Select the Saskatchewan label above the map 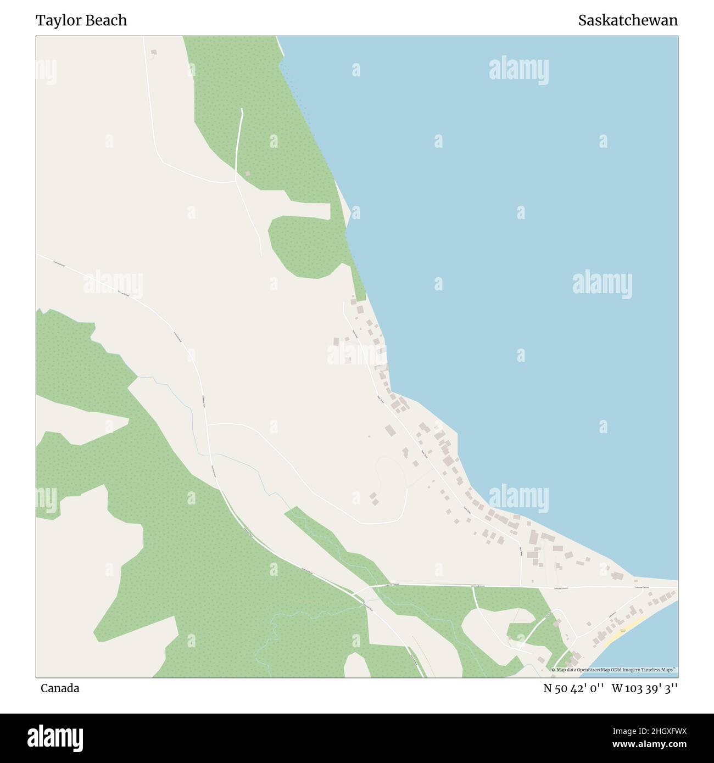coord(628,20)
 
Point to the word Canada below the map coord(59,688)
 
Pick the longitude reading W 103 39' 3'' coord(645,688)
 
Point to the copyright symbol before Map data coord(554,670)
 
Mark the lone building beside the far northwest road coord(154,52)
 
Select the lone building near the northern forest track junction coord(248,173)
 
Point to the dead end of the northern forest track coord(242,109)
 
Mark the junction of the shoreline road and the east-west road coord(521,587)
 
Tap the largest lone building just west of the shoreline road coord(390,430)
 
